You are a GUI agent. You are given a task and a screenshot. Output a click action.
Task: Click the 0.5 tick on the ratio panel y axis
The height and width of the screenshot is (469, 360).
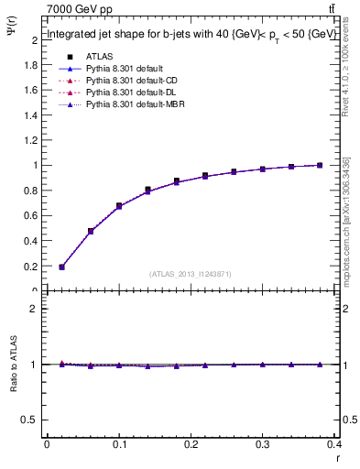click(x=31, y=420)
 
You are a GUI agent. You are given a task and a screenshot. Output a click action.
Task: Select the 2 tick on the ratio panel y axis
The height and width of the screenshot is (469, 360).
click(x=35, y=309)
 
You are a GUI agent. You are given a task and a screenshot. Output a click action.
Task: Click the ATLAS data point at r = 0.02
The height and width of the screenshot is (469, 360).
click(x=61, y=267)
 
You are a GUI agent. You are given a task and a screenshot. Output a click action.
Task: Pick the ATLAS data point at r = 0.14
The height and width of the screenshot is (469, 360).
click(x=147, y=190)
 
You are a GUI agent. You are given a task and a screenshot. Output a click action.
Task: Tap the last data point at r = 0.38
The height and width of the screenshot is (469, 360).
click(x=319, y=165)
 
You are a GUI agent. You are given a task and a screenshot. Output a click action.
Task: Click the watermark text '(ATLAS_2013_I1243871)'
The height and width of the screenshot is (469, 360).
click(x=191, y=274)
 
